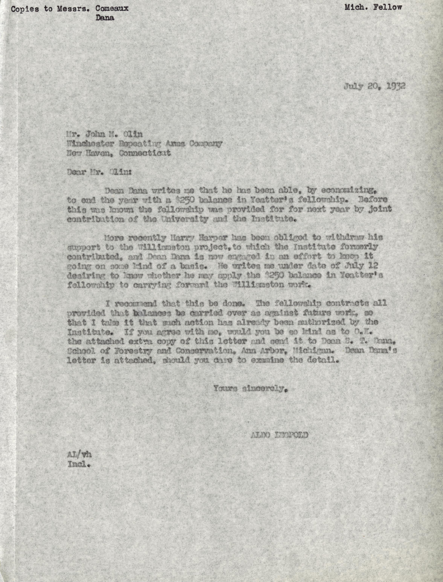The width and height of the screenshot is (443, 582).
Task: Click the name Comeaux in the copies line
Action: pos(112,8)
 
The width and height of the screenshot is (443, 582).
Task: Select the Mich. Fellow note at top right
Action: pos(373,7)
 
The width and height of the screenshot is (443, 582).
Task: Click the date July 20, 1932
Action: pos(374,86)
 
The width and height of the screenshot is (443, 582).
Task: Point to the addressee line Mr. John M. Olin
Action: pos(105,134)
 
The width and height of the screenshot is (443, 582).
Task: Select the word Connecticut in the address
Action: pos(145,153)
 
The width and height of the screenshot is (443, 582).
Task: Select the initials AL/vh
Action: pos(79,455)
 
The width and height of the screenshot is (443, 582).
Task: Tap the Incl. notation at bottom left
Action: pos(79,464)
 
